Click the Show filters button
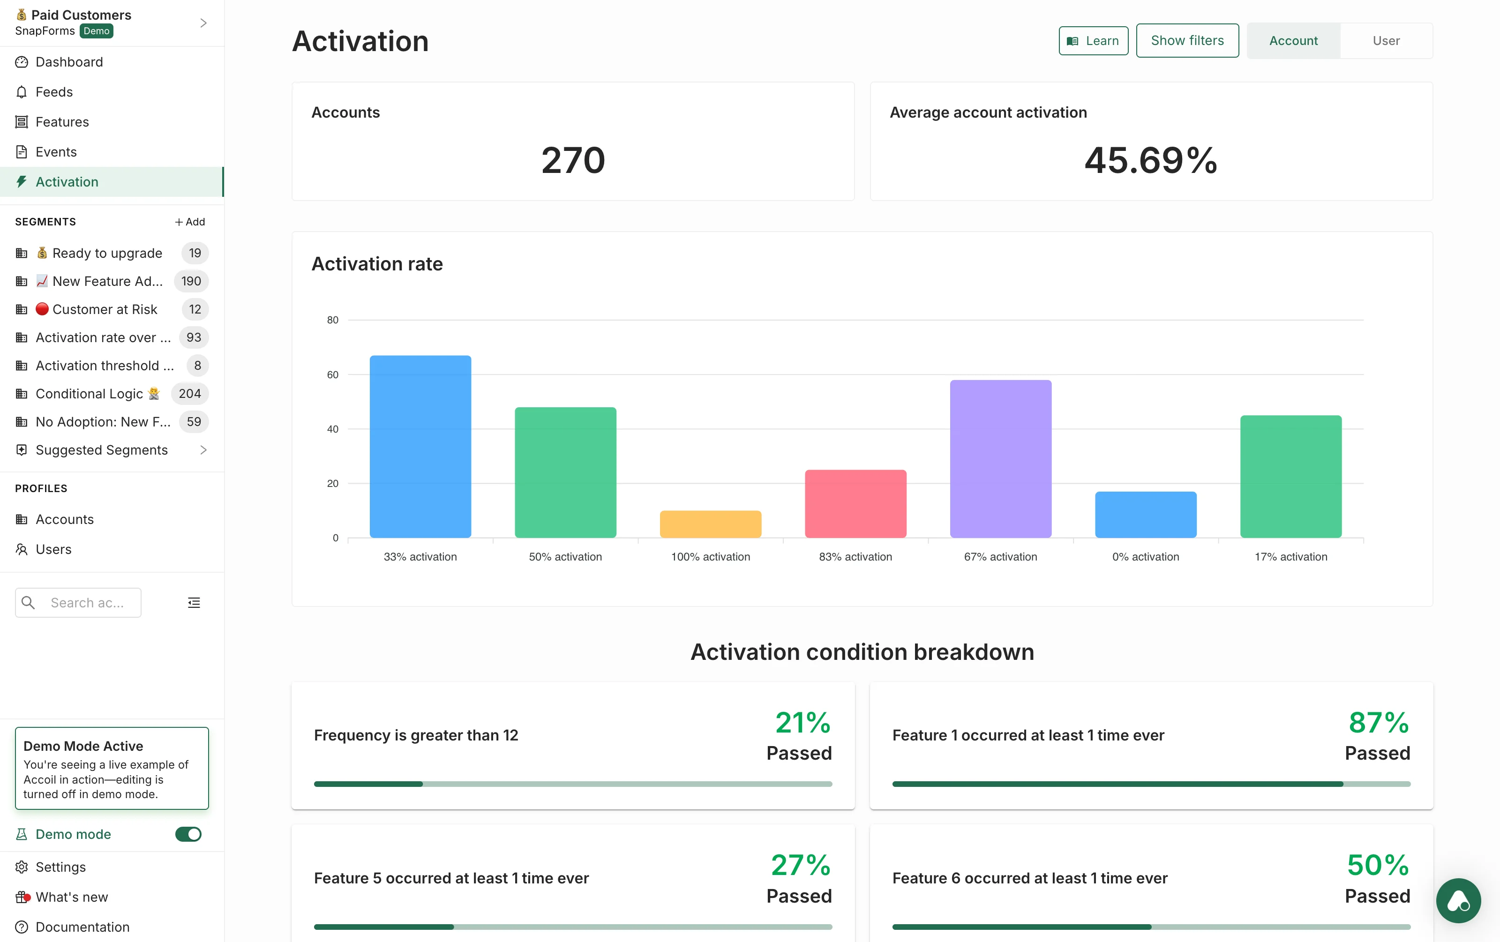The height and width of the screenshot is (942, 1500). pos(1187,40)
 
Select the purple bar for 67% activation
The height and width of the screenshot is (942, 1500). pos(1000,459)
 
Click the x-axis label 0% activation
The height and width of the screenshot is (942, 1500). pos(1145,557)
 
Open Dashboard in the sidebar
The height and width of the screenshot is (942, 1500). pos(69,62)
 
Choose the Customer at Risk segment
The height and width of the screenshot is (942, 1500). pos(105,309)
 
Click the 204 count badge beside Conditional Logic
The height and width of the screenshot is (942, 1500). pos(189,394)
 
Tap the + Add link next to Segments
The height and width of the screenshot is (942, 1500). pos(189,222)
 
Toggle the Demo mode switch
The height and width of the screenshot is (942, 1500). pos(187,834)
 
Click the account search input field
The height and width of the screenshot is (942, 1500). pos(87,603)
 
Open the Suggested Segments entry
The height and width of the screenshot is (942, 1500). pos(102,449)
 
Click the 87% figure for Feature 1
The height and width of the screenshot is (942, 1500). pos(1378,722)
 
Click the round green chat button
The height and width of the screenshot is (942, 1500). pos(1458,900)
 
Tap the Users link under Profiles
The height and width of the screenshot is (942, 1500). pos(53,549)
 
